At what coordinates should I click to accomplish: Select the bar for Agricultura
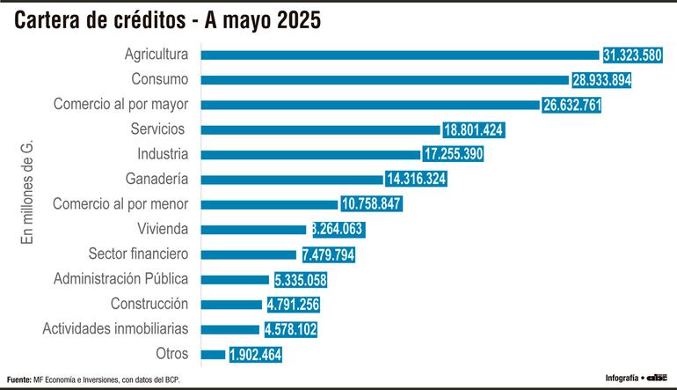pos(400,55)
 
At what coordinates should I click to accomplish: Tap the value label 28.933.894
pos(601,80)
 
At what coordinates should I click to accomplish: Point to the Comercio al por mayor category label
pos(121,105)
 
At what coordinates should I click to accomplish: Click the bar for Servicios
pos(321,129)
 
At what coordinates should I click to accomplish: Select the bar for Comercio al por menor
pos(269,204)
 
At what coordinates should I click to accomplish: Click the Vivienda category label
pos(163,229)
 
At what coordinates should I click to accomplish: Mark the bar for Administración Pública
pos(235,279)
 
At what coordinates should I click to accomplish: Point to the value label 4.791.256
pos(293,305)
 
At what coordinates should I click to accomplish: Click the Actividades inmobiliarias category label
pos(115,329)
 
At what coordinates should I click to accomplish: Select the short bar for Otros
pos(213,355)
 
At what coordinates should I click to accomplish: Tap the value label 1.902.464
pos(255,355)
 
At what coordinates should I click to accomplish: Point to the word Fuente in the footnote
pos(18,379)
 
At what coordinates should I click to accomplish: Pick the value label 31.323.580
pos(632,55)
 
